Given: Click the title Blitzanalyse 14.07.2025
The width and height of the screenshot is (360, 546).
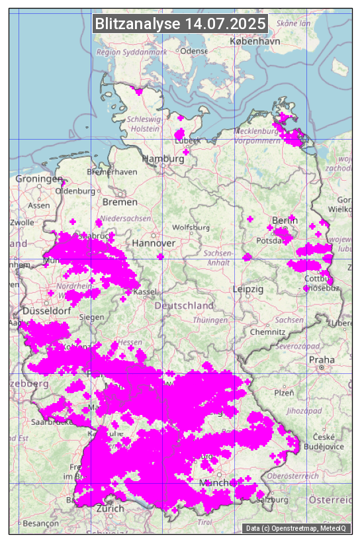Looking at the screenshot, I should pyautogui.click(x=180, y=24).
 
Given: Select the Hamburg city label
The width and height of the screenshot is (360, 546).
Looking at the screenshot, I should pyautogui.click(x=163, y=159).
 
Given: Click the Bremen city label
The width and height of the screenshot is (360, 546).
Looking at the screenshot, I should pyautogui.click(x=120, y=201).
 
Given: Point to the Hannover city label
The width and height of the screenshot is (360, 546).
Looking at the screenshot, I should pyautogui.click(x=154, y=243).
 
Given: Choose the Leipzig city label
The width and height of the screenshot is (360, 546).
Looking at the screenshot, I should pyautogui.click(x=248, y=289).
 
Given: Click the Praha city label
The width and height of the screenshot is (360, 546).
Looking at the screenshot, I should pyautogui.click(x=322, y=359).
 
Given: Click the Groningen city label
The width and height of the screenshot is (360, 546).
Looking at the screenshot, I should pyautogui.click(x=38, y=179).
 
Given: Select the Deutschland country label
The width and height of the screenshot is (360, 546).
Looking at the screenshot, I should pyautogui.click(x=184, y=306).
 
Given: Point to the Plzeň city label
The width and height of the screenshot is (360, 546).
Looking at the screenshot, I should pyautogui.click(x=284, y=392).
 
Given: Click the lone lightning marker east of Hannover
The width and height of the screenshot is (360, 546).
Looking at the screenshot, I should pyautogui.click(x=160, y=257).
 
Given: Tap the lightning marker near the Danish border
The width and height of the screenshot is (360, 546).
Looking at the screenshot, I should pyautogui.click(x=138, y=91).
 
